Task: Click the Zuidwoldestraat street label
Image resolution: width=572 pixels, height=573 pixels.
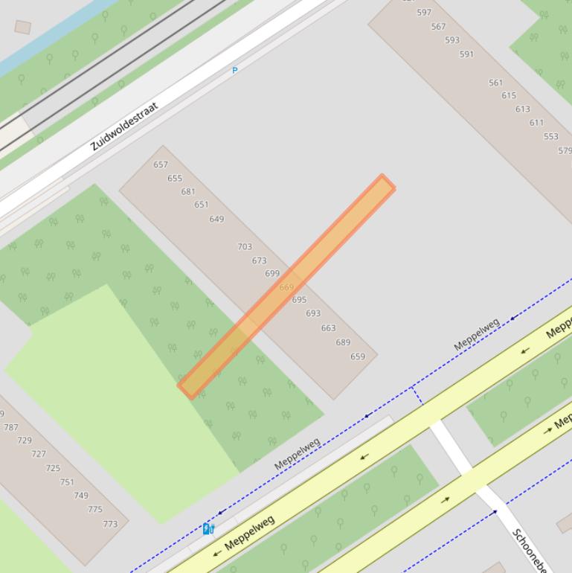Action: coord(124,127)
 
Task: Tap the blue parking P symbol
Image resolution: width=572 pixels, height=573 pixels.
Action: coord(235,71)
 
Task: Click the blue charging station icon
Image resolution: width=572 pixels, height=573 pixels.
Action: coord(208,529)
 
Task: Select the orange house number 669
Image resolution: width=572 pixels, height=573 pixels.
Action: coord(286,287)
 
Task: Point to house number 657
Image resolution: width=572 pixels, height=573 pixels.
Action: coord(161,164)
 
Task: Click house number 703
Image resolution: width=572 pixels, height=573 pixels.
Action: coord(245,246)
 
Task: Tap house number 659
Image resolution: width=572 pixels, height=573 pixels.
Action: coord(358,356)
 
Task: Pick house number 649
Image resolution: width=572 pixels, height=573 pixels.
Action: coord(216,219)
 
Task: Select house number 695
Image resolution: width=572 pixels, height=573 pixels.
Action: coord(299,300)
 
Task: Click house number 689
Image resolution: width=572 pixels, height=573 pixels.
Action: coord(343,342)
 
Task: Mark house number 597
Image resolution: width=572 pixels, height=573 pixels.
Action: coord(424,13)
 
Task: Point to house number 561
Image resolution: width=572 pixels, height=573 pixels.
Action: coord(495,83)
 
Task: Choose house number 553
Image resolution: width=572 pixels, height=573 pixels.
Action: coord(550,137)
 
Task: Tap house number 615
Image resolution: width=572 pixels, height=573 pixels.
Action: coord(509,95)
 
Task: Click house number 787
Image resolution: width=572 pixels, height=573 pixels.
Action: coord(11,427)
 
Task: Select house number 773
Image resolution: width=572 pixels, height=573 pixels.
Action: coord(110,524)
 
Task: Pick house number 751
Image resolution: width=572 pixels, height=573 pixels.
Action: coord(67,482)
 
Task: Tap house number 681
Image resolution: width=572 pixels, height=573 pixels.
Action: coord(188,191)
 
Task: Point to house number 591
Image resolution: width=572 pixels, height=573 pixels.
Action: coord(466,54)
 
